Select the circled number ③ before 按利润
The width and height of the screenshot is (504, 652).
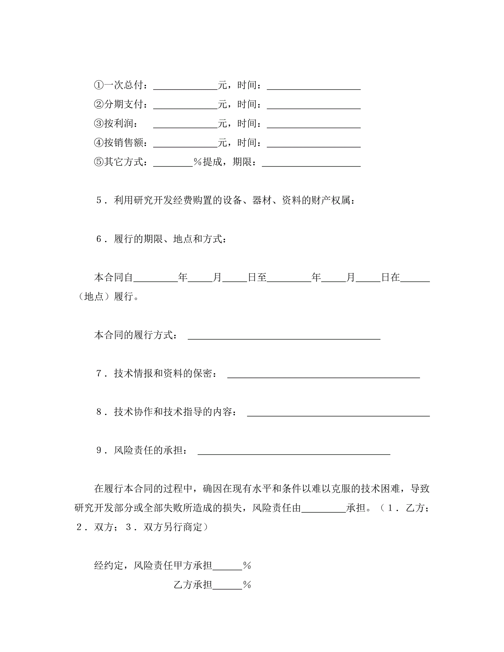(x=99, y=123)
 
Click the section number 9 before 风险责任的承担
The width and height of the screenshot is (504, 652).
(x=99, y=451)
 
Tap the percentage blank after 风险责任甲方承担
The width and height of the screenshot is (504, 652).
(x=227, y=566)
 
